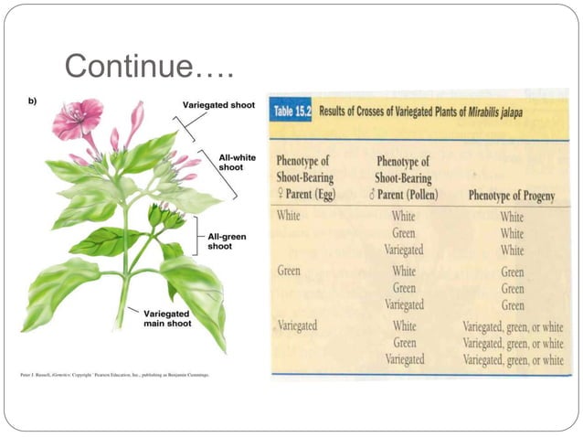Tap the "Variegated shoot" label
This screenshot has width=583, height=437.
[x=218, y=106]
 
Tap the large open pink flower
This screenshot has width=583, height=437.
[x=77, y=119]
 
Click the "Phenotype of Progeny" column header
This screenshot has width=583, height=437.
[x=513, y=195]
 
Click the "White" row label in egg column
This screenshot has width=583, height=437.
[x=288, y=217]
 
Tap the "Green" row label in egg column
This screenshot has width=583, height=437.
[x=289, y=272]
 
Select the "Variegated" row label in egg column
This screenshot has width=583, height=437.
[x=299, y=325]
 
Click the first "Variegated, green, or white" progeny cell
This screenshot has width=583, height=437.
[x=513, y=326]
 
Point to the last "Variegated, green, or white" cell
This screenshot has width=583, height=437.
[x=513, y=359]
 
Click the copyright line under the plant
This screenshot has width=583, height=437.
[x=116, y=375]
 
